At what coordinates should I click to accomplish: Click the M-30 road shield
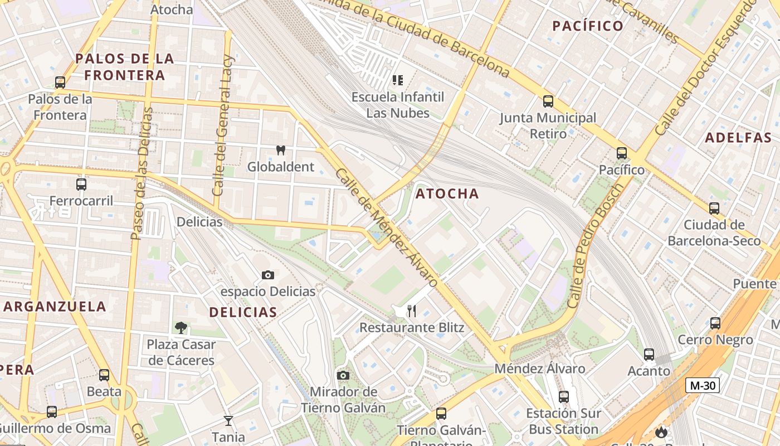[702, 385]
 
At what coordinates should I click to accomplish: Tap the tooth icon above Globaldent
[281, 150]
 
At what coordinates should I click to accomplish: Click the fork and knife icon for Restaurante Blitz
[412, 311]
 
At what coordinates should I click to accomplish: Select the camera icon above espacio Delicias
[268, 275]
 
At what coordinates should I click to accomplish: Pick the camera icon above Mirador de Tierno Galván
[343, 375]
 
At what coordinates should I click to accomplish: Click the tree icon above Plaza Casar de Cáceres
[181, 327]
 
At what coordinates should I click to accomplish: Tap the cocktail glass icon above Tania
[228, 420]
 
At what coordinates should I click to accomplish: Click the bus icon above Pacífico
[622, 153]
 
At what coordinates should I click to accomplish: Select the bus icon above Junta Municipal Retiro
[548, 101]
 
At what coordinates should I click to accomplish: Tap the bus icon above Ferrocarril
[81, 184]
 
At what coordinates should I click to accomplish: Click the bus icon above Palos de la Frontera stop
[60, 82]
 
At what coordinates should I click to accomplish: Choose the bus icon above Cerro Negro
[715, 323]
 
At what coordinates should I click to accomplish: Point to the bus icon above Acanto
[649, 354]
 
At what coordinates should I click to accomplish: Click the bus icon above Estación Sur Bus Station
[564, 396]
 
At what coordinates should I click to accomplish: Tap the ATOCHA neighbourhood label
[447, 193]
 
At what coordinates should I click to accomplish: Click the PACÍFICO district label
[587, 26]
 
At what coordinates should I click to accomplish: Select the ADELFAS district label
[738, 138]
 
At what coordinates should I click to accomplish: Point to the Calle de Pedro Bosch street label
[594, 246]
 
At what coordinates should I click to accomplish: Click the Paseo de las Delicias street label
[142, 173]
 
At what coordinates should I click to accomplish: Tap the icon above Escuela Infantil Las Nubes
[397, 80]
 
